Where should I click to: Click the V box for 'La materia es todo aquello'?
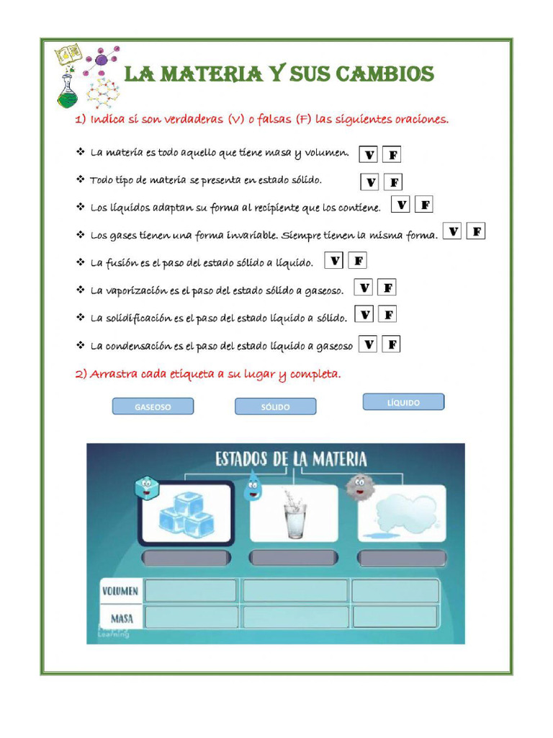click(369, 155)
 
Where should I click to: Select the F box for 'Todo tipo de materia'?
click(394, 182)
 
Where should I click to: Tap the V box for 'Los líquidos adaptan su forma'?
click(401, 205)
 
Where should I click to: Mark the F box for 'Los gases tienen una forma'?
click(476, 231)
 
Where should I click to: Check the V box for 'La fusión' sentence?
click(334, 261)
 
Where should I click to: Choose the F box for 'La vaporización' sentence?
click(387, 288)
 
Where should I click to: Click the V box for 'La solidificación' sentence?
click(365, 315)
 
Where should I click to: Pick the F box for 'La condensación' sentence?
click(391, 344)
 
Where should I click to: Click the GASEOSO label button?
click(153, 407)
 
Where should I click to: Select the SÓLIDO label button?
click(275, 407)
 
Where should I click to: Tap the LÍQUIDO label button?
click(403, 402)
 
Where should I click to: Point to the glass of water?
click(295, 515)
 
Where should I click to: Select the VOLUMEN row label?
click(120, 591)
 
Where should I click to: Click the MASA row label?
click(122, 618)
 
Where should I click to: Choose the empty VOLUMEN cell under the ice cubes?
click(191, 591)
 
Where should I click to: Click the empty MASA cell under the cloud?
click(395, 617)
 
